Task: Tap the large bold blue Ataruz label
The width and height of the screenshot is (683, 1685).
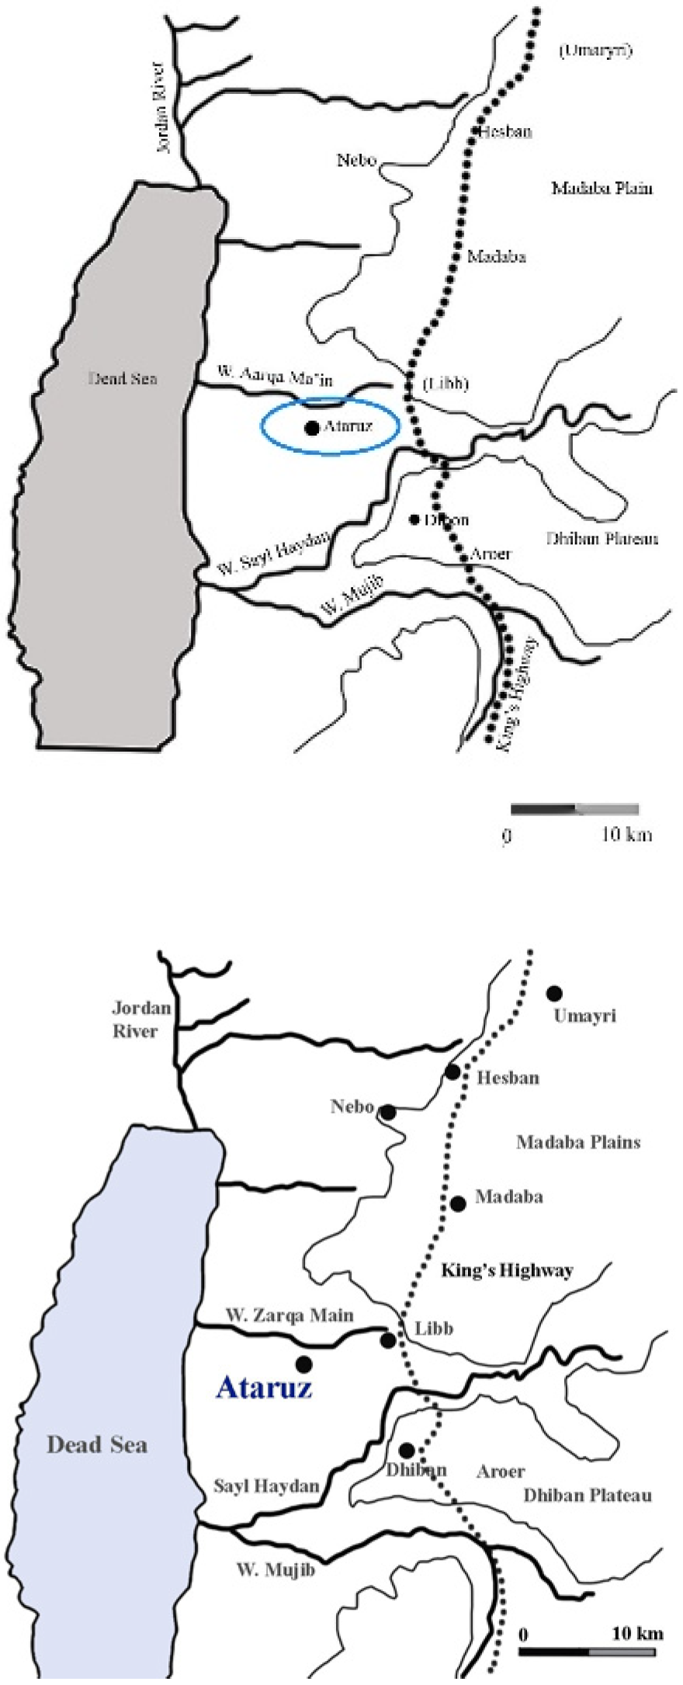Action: pos(264,1387)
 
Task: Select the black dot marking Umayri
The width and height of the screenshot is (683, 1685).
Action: pos(554,993)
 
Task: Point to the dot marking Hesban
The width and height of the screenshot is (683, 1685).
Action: pos(453,1072)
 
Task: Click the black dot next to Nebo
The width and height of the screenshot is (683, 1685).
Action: pos(387,1113)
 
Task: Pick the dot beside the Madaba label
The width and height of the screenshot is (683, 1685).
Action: pos(458,1204)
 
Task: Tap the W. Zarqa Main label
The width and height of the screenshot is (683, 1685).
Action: pos(289,1315)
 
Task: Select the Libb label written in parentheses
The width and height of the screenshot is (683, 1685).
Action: pos(446,384)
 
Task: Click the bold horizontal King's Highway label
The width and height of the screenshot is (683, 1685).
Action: pos(507,1270)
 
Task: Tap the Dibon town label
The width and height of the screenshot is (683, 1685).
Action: pos(446,519)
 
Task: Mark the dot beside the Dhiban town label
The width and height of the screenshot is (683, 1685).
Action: pos(406,1450)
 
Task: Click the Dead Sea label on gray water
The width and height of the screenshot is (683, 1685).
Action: pos(123,379)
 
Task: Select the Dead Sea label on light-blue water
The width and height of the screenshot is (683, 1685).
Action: pos(97,1445)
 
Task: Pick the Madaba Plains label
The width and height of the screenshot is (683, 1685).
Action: pos(578,1142)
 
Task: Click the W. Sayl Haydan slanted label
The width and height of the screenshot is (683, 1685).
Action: pos(273,554)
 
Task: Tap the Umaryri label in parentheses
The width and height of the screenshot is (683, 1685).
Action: pos(595,52)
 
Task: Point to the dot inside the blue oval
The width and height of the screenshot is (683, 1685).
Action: pos(312,427)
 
